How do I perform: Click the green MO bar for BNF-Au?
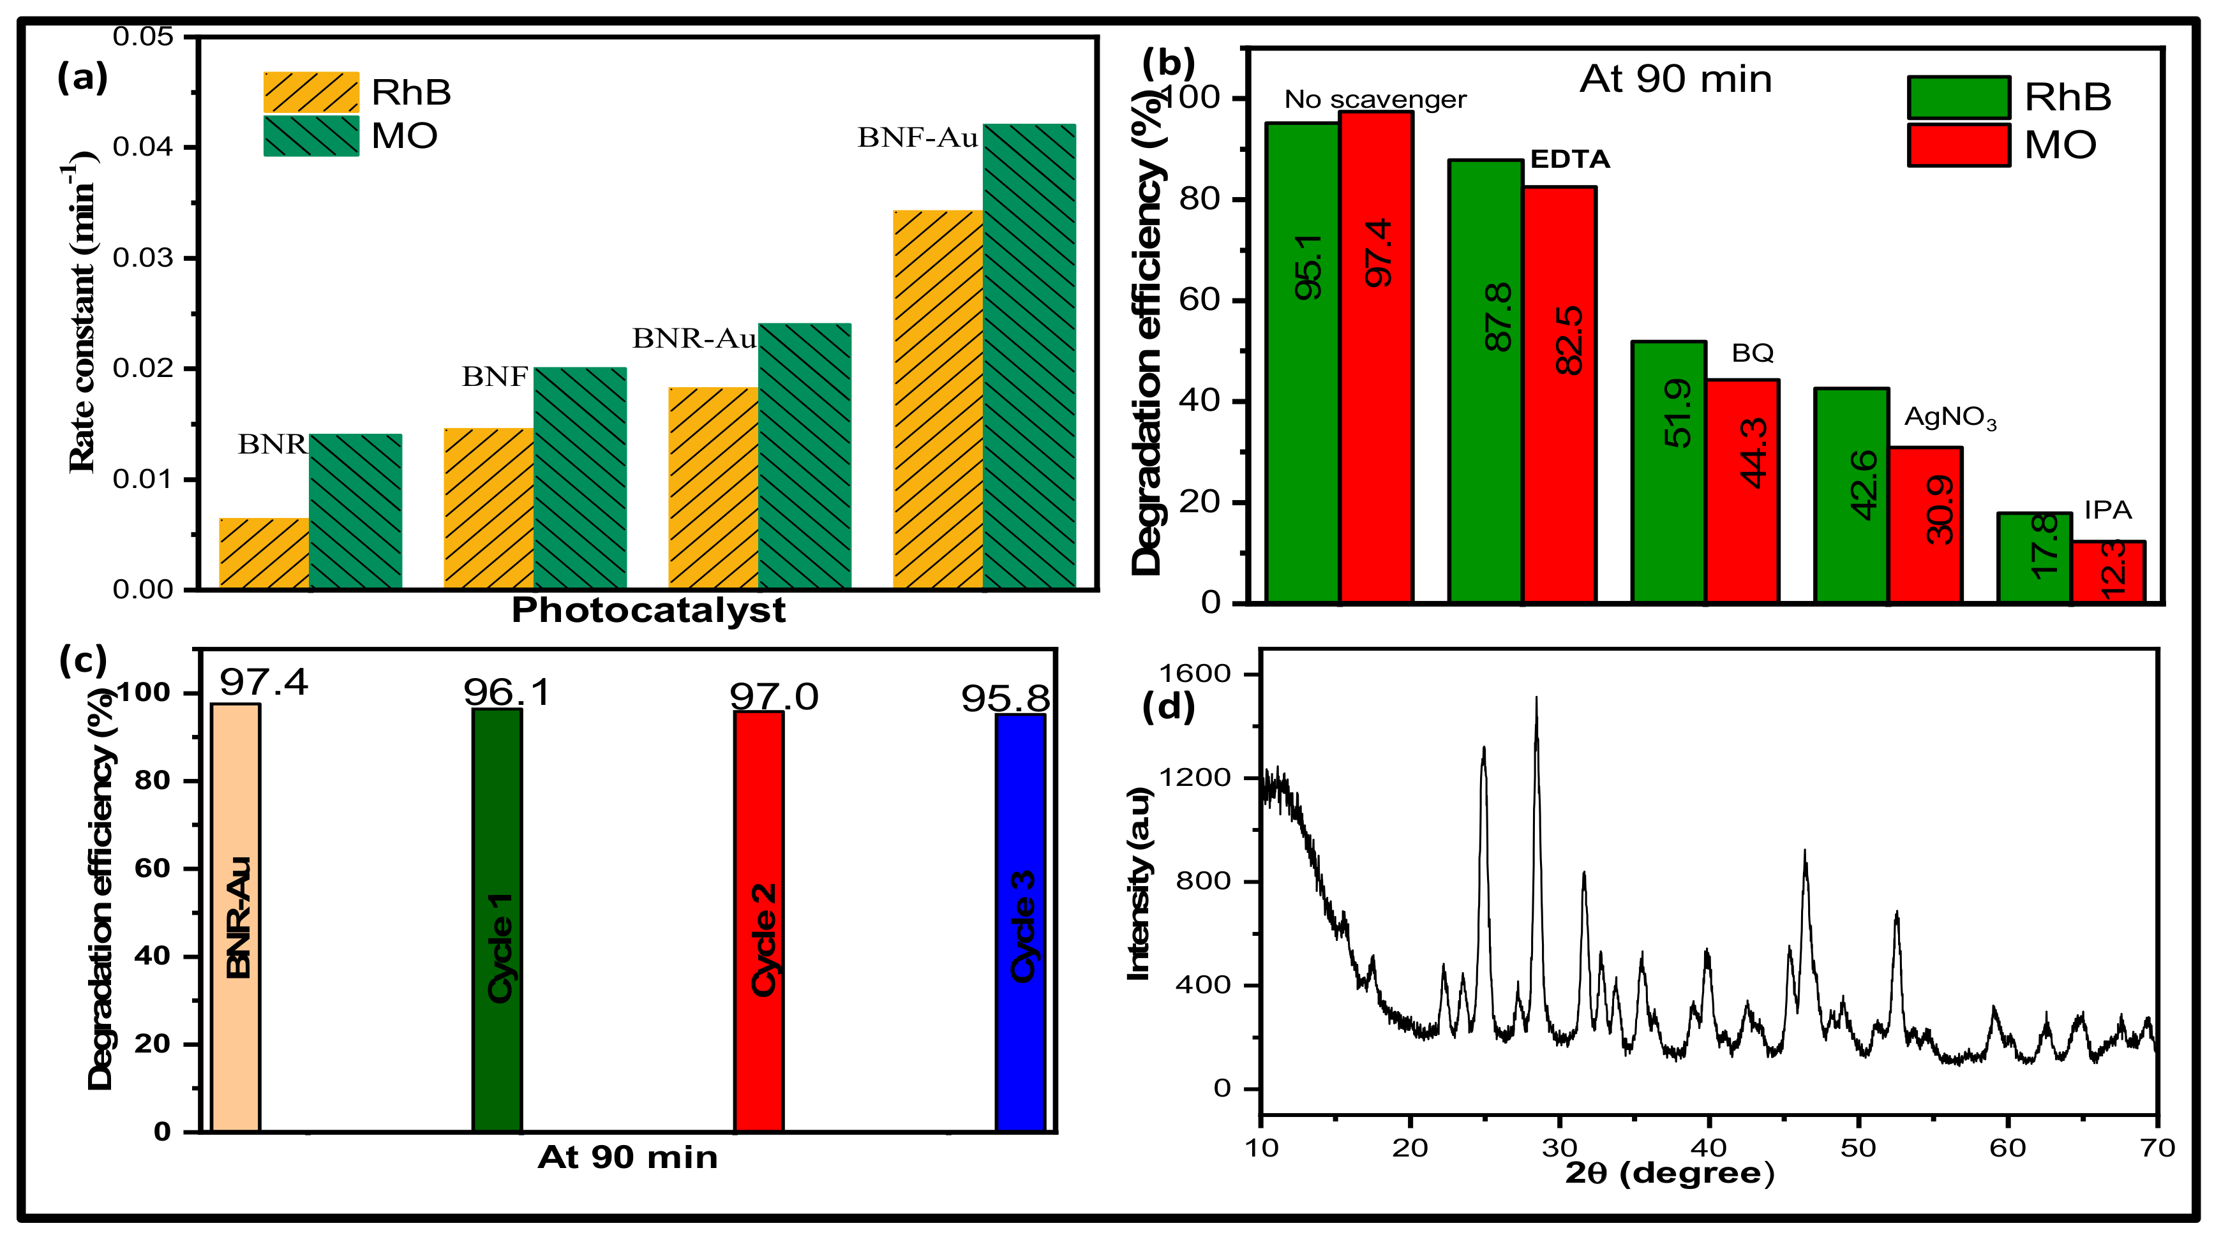tap(1029, 356)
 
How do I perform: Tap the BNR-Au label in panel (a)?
tap(694, 339)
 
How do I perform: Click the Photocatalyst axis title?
tap(648, 610)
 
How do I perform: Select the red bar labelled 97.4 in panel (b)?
tap(1376, 356)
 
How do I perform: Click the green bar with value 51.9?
tap(1668, 471)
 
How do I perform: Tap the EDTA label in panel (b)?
tap(1569, 159)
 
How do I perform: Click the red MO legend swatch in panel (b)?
tap(1958, 145)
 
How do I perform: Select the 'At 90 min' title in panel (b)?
tap(1675, 79)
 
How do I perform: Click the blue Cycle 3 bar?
tap(1020, 922)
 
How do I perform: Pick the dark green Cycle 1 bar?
tap(497, 920)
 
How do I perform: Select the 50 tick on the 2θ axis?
tap(1858, 1147)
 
